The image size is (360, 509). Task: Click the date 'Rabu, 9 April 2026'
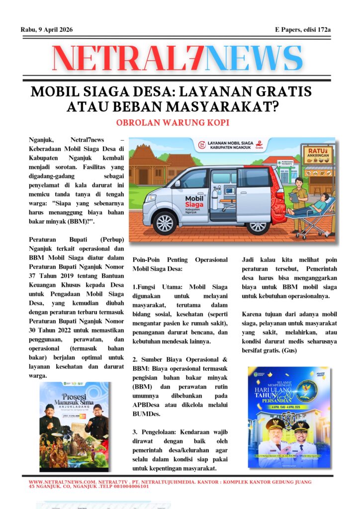pyautogui.click(x=47, y=30)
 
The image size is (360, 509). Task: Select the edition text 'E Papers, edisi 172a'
pyautogui.click(x=303, y=30)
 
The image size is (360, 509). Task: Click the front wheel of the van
pyautogui.click(x=166, y=222)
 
